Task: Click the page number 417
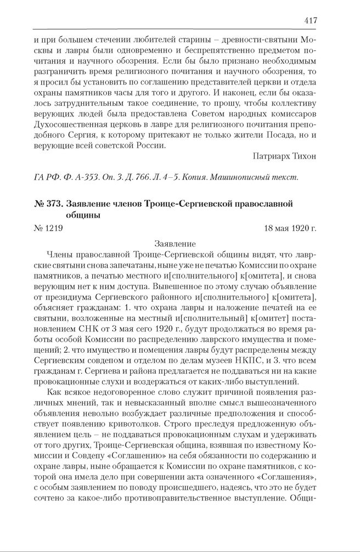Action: click(310, 21)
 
